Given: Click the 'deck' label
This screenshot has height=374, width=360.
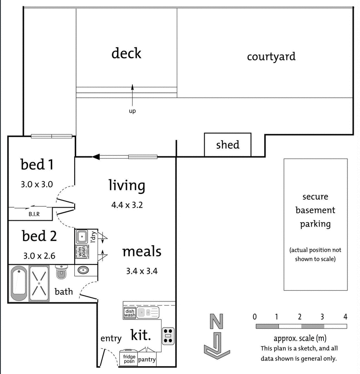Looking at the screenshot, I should pos(126,53).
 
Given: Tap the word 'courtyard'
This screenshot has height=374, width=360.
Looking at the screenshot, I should pos(271,57).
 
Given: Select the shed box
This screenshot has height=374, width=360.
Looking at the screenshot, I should pos(227,145).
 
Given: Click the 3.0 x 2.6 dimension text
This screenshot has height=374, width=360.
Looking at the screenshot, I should pos(39,255).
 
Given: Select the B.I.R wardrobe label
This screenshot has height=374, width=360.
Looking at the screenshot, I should pos(34,214).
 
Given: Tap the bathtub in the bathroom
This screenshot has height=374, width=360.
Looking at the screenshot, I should pos(18,284).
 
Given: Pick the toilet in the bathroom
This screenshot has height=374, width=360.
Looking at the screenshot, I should pos(62,272).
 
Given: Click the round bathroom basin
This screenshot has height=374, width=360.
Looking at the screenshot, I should pos(83,270).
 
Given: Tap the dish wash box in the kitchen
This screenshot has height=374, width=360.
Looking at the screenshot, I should pos(129,313).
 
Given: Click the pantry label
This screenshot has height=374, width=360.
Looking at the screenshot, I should pos(147,360).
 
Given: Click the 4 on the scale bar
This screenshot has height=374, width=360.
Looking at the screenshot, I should pos(345,316).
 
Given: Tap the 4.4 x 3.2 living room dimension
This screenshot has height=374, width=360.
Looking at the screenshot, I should pos(127,205).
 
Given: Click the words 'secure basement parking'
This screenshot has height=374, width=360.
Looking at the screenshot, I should pos(315,210).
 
